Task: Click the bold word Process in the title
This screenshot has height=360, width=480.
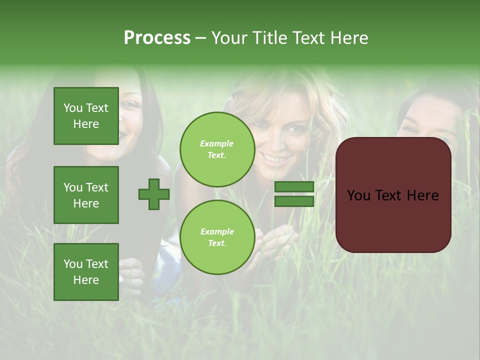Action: click(x=157, y=38)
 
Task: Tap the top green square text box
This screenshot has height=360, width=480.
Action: click(x=86, y=116)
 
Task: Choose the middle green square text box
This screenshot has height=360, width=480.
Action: click(x=86, y=195)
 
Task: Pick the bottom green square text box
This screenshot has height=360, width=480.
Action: click(x=86, y=272)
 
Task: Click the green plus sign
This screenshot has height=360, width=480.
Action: click(x=154, y=194)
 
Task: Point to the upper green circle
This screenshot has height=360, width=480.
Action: click(x=217, y=149)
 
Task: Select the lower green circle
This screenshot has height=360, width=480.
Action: click(x=217, y=237)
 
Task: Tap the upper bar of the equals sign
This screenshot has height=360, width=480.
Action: click(x=294, y=187)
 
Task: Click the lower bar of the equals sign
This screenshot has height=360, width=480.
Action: click(x=294, y=201)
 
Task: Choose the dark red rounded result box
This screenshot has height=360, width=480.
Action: click(x=393, y=195)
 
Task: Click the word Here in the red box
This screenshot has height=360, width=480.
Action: click(x=422, y=195)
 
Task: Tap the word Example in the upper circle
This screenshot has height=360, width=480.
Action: click(x=217, y=143)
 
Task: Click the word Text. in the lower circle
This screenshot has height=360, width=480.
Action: click(x=217, y=243)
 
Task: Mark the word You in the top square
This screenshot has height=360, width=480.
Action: click(x=72, y=108)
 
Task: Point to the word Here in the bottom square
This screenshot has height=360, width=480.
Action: click(x=86, y=280)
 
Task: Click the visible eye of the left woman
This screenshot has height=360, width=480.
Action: click(x=129, y=105)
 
